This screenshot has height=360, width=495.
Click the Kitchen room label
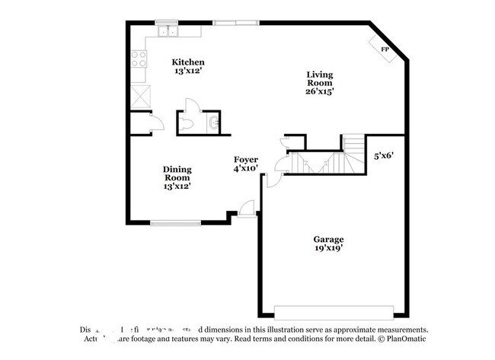point(187,62)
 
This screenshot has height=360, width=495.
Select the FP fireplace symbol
point(385,49)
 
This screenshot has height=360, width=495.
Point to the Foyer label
point(245,159)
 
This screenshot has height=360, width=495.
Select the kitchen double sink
point(168,32)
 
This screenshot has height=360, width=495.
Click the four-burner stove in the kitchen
point(139,59)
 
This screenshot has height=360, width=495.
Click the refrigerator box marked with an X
point(139,97)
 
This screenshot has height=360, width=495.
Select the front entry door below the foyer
point(246,209)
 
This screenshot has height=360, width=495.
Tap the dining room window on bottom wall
point(175,223)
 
